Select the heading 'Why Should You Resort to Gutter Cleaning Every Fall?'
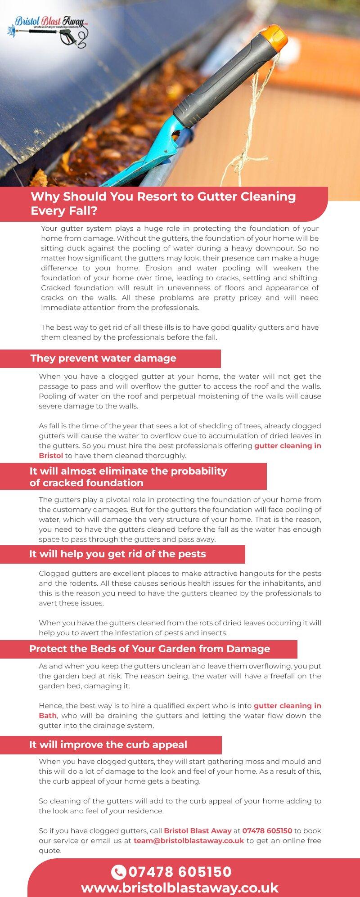coord(163,203)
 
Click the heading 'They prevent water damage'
coord(103,359)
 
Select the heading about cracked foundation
coord(128,477)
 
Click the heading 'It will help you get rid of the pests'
coord(117,554)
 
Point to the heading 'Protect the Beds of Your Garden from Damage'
coord(149,649)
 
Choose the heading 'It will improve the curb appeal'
coord(108,745)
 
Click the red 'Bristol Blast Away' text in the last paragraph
coord(198,831)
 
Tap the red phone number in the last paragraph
coord(267,831)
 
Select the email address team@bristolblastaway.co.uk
coord(189,841)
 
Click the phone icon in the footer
coord(118,872)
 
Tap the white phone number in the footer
coord(180,872)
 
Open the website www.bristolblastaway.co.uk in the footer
coord(180,888)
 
